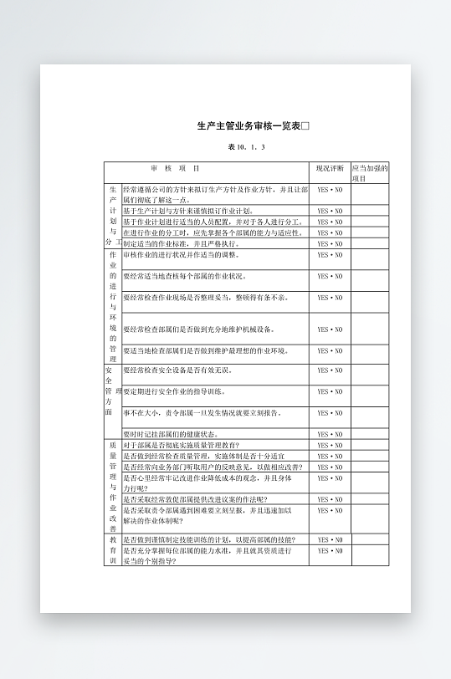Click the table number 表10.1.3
click(246, 147)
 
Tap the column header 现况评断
click(330, 168)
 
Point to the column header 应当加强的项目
click(369, 173)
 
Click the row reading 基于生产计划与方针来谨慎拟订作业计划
click(189, 212)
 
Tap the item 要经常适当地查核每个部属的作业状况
click(185, 276)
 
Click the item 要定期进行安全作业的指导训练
click(180, 391)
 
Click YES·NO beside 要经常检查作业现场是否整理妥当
click(330, 298)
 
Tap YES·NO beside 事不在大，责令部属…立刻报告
click(330, 413)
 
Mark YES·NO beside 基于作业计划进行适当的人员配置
click(330, 222)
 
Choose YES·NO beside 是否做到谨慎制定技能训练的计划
click(330, 540)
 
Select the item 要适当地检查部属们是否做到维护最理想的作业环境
click(206, 351)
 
